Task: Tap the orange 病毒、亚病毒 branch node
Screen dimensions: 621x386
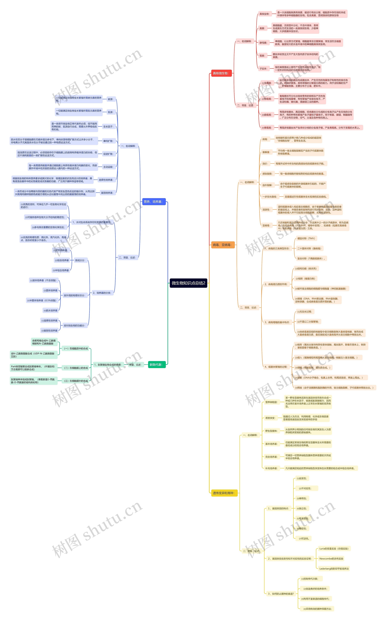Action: (223, 245)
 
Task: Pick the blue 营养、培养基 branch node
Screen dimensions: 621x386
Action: (153, 202)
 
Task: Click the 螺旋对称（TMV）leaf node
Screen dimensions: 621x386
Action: (306, 238)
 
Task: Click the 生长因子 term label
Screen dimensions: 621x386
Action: (108, 127)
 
